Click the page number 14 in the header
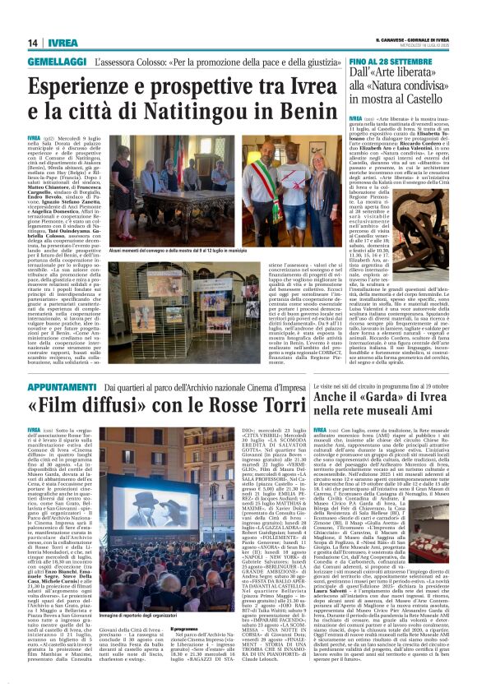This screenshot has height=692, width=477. tap(32, 43)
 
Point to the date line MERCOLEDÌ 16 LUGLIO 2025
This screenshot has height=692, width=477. tap(428, 45)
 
